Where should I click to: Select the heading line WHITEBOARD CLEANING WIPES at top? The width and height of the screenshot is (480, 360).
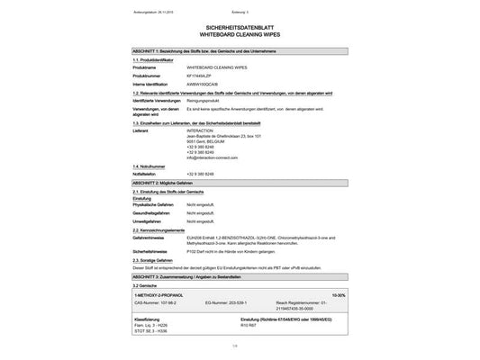click(x=240, y=37)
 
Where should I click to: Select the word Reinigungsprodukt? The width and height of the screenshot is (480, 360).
click(x=205, y=101)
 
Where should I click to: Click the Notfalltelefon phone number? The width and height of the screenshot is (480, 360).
click(x=203, y=174)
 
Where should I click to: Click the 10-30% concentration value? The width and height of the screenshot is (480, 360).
click(x=337, y=295)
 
